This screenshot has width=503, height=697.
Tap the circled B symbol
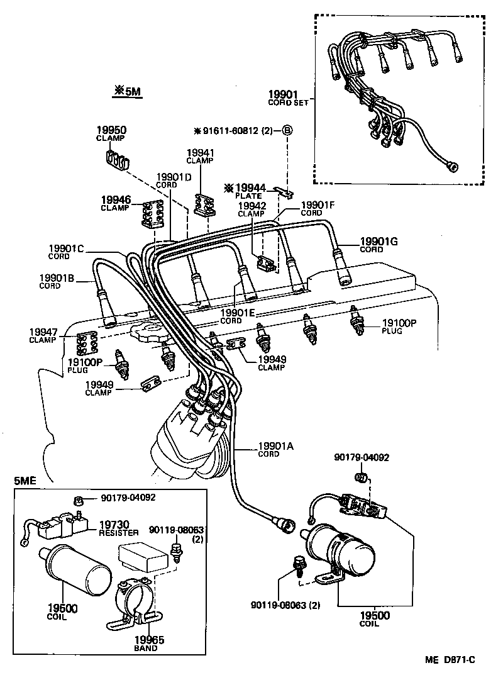[287, 131]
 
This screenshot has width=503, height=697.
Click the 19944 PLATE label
[250, 191]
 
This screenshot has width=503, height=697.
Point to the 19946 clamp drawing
[152, 215]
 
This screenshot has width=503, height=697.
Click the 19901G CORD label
[378, 245]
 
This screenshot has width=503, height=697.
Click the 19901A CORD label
[275, 449]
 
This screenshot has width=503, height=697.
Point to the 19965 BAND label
[148, 644]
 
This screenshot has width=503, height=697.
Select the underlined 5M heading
[128, 92]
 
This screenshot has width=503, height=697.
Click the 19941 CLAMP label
[201, 155]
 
